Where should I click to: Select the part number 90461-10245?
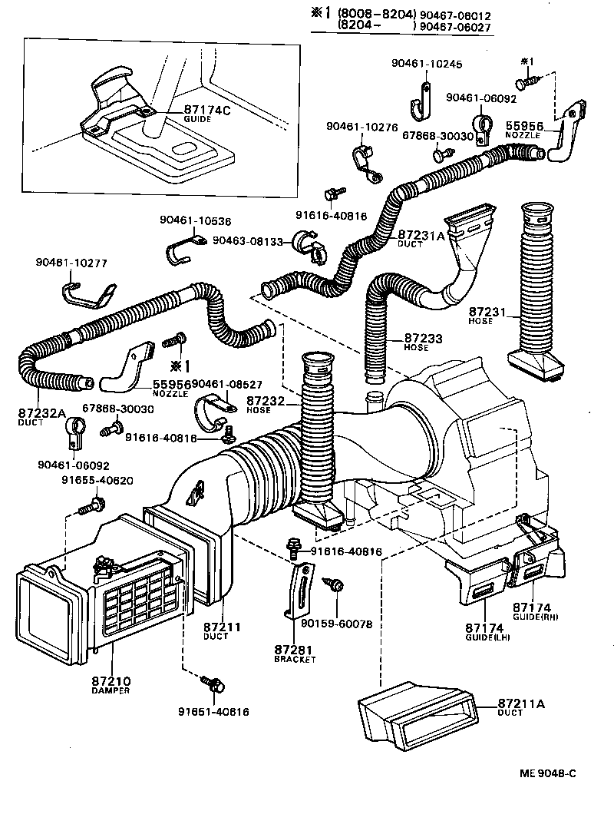point(425,65)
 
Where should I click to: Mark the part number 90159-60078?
point(336,624)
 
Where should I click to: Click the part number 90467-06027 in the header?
point(455,25)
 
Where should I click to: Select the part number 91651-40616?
point(218,711)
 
